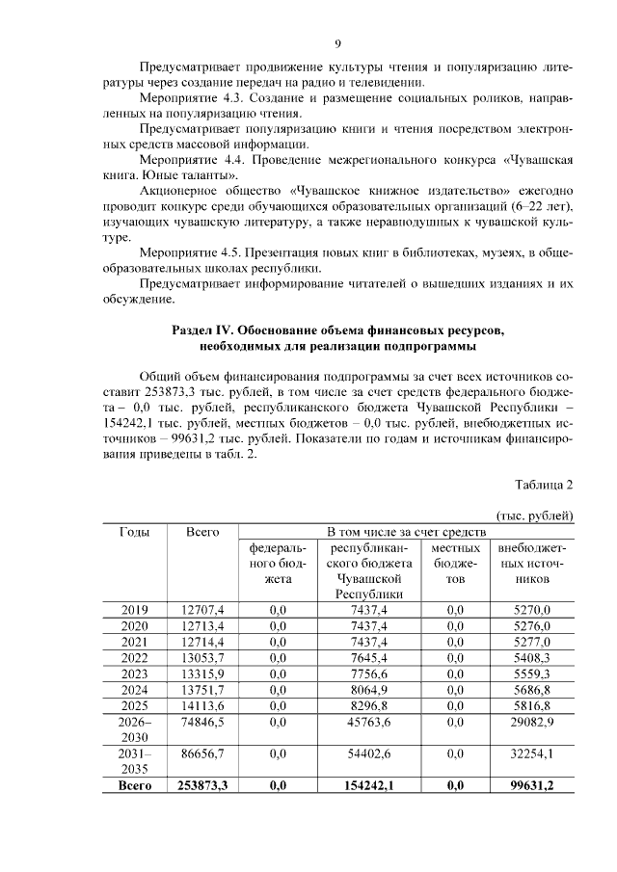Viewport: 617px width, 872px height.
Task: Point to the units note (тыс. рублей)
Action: tap(535, 516)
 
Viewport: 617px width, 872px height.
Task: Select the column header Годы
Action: tap(134, 532)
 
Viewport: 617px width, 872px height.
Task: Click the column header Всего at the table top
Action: tap(202, 532)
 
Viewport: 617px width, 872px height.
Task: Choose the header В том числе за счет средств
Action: tap(406, 532)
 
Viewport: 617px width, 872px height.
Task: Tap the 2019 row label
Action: tap(134, 610)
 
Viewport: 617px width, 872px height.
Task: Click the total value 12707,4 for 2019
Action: tap(202, 610)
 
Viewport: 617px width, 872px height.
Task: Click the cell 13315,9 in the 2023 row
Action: tap(202, 674)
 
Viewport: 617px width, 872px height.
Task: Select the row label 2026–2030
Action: tap(134, 729)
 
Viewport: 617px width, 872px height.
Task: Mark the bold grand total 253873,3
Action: tap(202, 786)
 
